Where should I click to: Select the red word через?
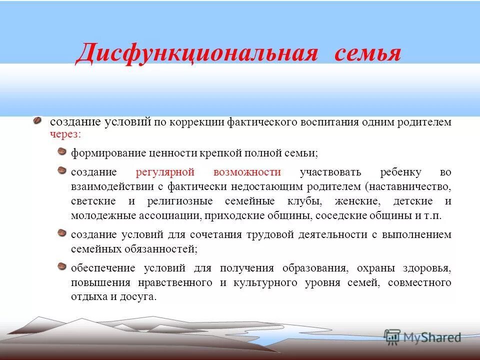coord(65,134)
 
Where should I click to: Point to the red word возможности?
coord(247,172)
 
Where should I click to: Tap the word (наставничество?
coord(408,187)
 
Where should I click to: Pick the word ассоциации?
coord(167,216)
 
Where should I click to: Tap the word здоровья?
coord(428,268)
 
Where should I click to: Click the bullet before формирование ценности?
coord(61,151)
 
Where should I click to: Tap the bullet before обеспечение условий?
coord(61,267)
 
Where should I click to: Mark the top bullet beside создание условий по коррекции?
coord(38,121)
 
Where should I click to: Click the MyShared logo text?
coord(432,337)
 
